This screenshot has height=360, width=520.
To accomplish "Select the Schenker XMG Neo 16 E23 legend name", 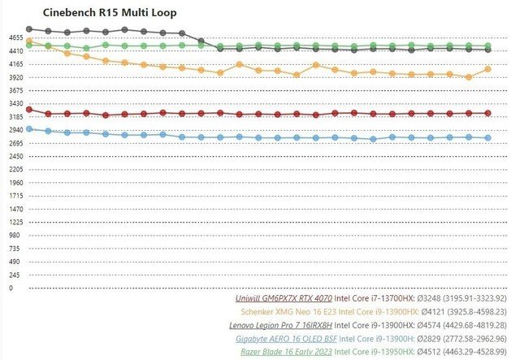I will click(287, 311).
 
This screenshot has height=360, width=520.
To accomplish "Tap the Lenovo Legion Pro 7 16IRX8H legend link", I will click(281, 324).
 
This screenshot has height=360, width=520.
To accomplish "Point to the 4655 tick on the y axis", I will click(15, 37).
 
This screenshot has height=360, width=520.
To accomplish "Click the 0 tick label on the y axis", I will click(11, 288).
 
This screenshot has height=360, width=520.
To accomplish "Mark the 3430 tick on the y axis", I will click(15, 104).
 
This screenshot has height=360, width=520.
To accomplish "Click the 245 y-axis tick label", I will click(14, 275).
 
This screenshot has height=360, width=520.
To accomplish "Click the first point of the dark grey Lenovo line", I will click(29, 29).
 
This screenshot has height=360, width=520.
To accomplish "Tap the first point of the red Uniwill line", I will click(29, 109).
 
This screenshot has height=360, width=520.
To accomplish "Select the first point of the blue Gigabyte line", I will click(29, 128).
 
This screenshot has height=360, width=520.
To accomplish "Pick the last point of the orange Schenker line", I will click(487, 69).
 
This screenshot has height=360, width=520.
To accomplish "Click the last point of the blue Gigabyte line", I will click(487, 138).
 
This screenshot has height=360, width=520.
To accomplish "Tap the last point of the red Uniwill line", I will click(487, 113).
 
